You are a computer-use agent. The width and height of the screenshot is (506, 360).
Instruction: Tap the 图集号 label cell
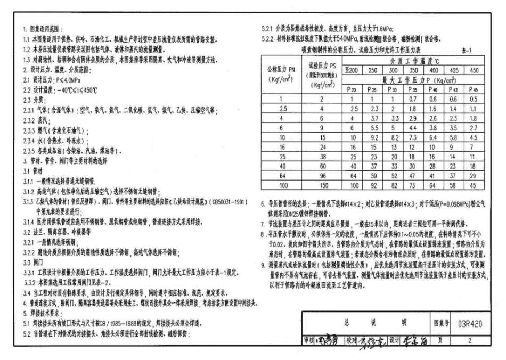pyautogui.click(x=439, y=323)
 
